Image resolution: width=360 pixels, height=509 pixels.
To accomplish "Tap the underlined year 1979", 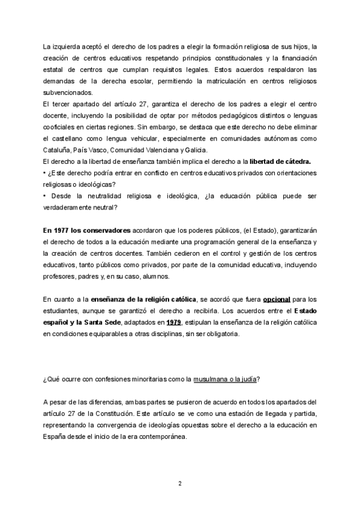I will [175, 322].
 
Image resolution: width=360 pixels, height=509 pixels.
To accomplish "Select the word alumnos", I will [140, 276].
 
